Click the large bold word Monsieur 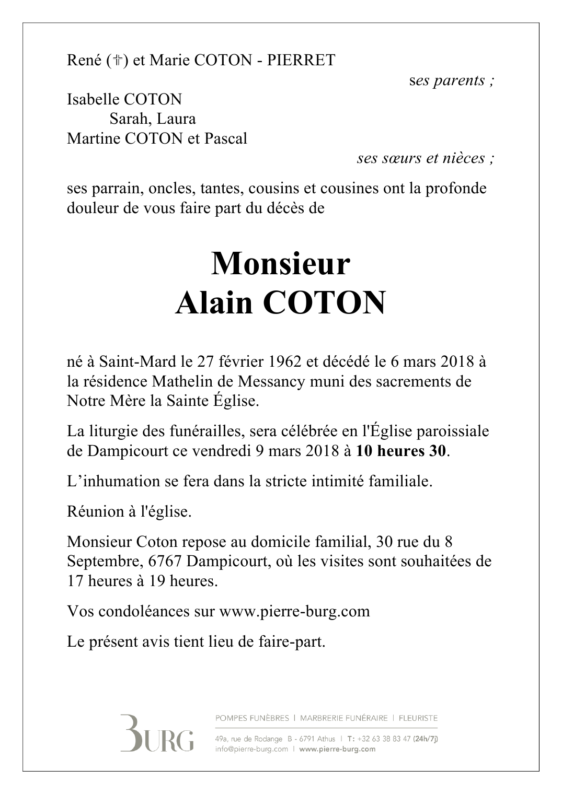[x=280, y=264]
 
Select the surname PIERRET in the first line [x=301, y=61]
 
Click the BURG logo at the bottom [x=157, y=733]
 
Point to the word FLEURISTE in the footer [x=418, y=718]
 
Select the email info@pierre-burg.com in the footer [x=251, y=749]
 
